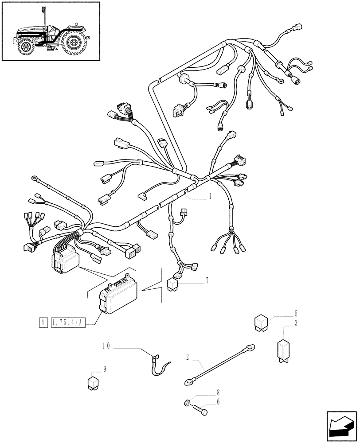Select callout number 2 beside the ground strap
188,356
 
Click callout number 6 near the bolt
218,401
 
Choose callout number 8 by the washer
218,392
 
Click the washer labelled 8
188,403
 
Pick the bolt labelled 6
202,411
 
